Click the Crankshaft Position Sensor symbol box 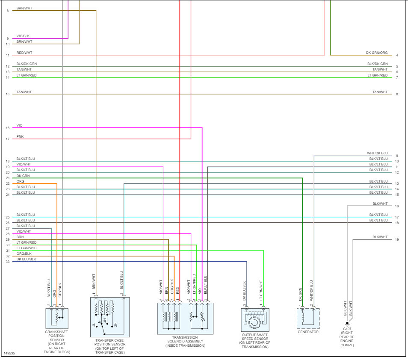pos(57,318)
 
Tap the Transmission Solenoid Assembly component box pos(185,318)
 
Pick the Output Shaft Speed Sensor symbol pos(255,320)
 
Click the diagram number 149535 pos(9,354)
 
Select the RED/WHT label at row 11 pos(24,53)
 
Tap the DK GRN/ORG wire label pos(377,53)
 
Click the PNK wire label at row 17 pos(20,136)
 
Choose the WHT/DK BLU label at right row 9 pos(377,153)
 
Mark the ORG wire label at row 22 pos(20,181)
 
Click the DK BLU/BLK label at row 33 pos(26,259)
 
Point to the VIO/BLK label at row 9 pos(23,36)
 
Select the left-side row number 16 pos(8,128)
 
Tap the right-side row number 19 pos(397,239)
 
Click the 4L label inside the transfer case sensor pos(94,325)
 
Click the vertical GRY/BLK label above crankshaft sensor pos(60,290)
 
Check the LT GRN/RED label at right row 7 pos(378,75)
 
